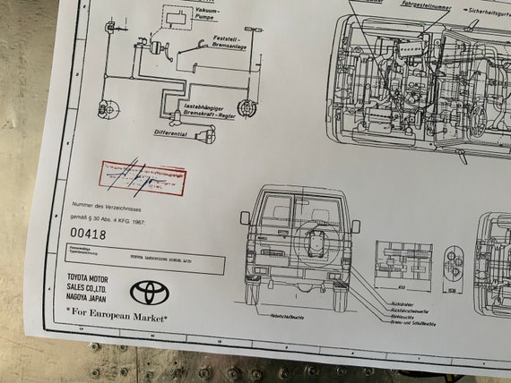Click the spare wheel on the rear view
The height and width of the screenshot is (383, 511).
coord(317,242)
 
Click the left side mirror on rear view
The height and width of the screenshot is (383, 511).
coord(244,217)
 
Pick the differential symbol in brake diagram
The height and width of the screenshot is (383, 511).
coord(210,133)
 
